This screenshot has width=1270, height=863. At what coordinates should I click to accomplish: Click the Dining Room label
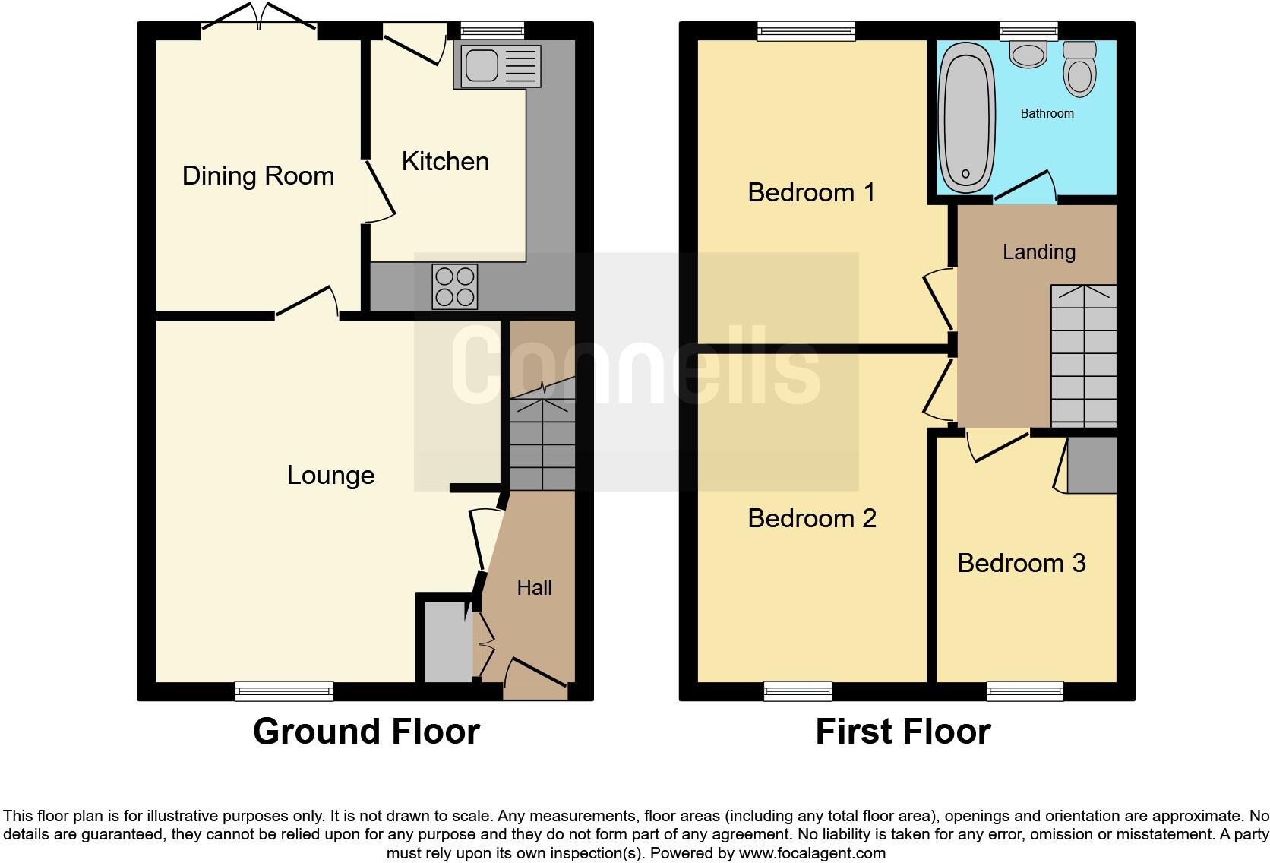coord(257,176)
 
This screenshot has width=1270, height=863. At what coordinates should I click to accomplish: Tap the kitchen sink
coord(497,65)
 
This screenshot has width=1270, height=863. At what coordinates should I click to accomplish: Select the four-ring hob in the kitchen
coord(455,286)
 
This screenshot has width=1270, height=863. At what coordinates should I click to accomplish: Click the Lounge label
coord(330,476)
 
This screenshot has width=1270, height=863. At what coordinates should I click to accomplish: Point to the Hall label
coord(534,587)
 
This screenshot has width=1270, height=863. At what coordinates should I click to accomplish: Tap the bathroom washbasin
coord(1029,54)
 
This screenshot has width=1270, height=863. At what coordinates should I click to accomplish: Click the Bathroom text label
coord(1047,114)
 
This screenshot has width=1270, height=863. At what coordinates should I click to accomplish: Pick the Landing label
coord(1038,252)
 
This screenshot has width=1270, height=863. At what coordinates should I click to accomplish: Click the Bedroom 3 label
coord(1021,564)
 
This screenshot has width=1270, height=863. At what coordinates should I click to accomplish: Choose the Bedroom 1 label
coord(811,193)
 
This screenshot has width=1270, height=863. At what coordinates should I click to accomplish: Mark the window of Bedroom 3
coord(1025,691)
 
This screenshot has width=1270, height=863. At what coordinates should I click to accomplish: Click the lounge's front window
coord(284,691)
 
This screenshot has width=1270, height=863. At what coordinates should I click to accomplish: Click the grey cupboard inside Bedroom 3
coord(1092,464)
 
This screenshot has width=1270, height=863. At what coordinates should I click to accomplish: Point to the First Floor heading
coord(902,732)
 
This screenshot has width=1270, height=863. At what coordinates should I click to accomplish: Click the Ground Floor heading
coord(366,732)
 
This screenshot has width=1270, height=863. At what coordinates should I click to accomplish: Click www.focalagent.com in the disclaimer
coord(811,853)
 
